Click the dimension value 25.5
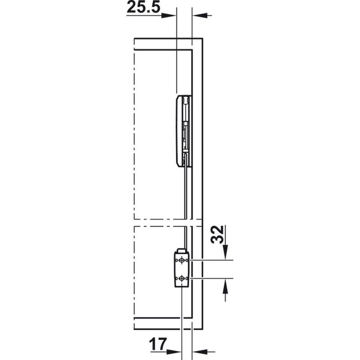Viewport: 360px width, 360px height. click(x=143, y=7)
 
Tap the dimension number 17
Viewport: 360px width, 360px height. click(x=158, y=344)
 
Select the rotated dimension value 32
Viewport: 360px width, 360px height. click(x=217, y=234)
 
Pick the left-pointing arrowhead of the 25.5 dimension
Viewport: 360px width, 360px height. click(x=199, y=16)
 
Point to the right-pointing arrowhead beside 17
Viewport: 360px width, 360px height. click(x=174, y=351)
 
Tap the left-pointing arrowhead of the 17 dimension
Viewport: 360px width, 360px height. click(x=200, y=351)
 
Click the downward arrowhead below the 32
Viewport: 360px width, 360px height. click(x=225, y=252)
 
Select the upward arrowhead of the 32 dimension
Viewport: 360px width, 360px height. click(x=225, y=286)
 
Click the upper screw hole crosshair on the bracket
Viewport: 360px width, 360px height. click(x=182, y=261)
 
